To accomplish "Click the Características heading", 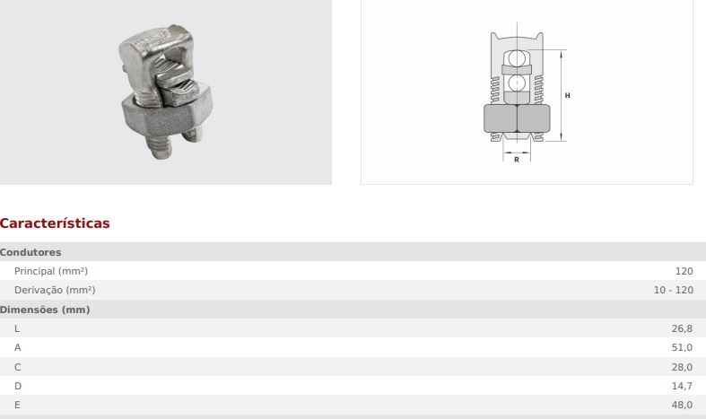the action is point(55,223).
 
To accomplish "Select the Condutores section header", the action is point(31,252).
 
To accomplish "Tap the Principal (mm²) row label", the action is point(51,271).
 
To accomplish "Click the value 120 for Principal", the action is point(684,271).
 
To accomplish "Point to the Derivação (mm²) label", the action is point(55,290).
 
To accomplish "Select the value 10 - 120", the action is point(673,290).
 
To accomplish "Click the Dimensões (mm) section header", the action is point(45,310).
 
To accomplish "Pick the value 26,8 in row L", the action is point(682,329).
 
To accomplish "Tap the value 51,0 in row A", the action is point(682,348).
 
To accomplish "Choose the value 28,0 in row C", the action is point(682,367).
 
